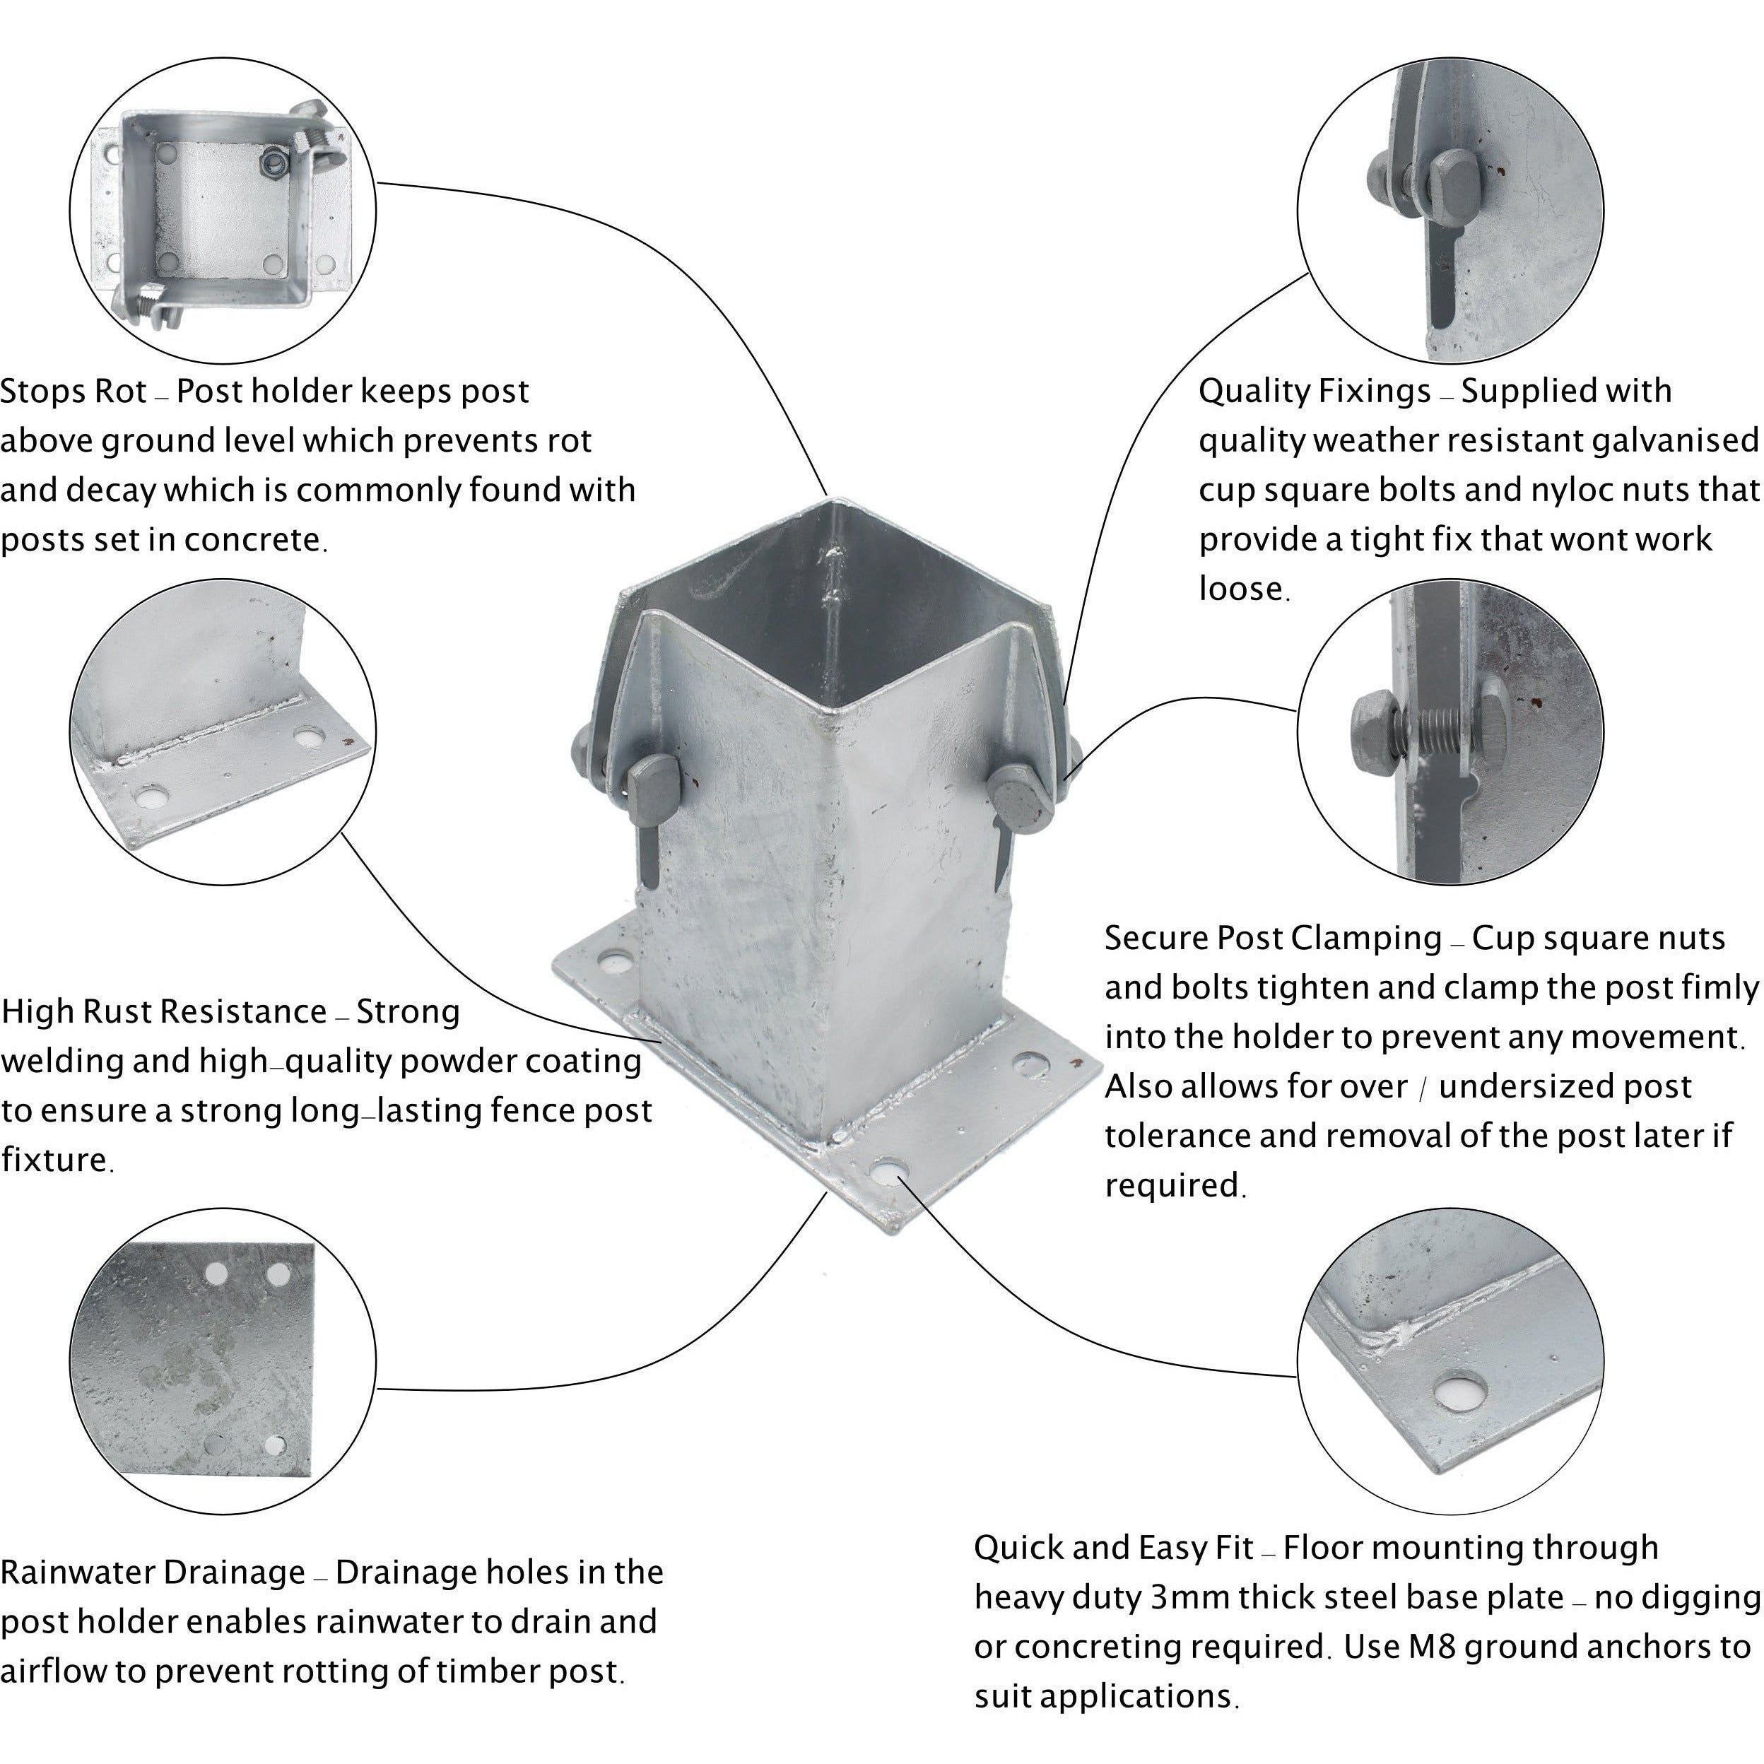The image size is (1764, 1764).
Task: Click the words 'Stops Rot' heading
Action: coord(73,392)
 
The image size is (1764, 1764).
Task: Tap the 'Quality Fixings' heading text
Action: coord(1314,392)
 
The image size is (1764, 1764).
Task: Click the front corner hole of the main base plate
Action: coord(886,1170)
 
